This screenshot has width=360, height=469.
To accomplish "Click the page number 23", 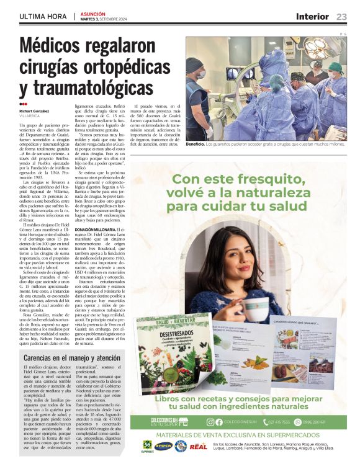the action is (342, 16).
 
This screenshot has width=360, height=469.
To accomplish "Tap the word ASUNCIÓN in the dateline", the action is (92, 12).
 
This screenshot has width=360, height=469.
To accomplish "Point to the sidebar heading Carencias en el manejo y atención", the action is (72, 358).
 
